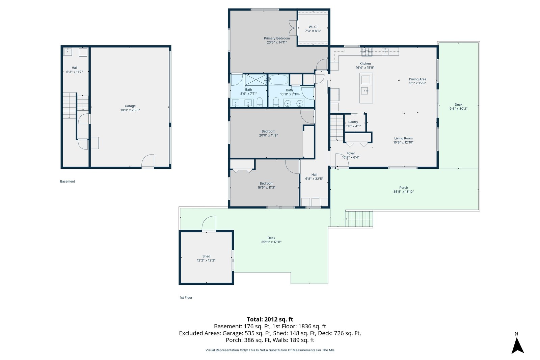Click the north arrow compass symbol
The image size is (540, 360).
pyautogui.click(x=518, y=345)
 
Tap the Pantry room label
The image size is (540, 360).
pyautogui.click(x=353, y=122)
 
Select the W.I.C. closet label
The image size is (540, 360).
pyautogui.click(x=313, y=27)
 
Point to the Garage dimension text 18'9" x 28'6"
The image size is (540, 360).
pyautogui.click(x=130, y=110)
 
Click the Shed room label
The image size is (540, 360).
pyautogui.click(x=206, y=256)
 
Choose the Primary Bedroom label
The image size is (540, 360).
pyautogui.click(x=277, y=38)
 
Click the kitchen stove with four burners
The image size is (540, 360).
pyautogui.click(x=367, y=51)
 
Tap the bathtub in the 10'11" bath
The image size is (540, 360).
pyautogui.click(x=279, y=80)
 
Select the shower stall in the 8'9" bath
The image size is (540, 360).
pyautogui.click(x=256, y=80)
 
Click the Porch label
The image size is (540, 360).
pyautogui.click(x=404, y=188)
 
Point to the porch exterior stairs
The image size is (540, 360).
pyautogui.click(x=359, y=219)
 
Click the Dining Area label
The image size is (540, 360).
pyautogui.click(x=417, y=79)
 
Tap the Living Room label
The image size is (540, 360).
pyautogui.click(x=403, y=138)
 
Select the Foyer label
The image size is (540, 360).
pyautogui.click(x=351, y=153)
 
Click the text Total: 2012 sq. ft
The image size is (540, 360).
pyautogui.click(x=270, y=319)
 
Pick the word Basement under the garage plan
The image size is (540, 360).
pyautogui.click(x=67, y=182)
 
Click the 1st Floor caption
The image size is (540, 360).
pyautogui.click(x=186, y=298)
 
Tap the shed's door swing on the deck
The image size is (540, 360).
pyautogui.click(x=209, y=223)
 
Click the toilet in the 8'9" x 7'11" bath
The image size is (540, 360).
pyautogui.click(x=260, y=102)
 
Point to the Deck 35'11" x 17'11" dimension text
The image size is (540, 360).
pyautogui.click(x=271, y=242)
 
